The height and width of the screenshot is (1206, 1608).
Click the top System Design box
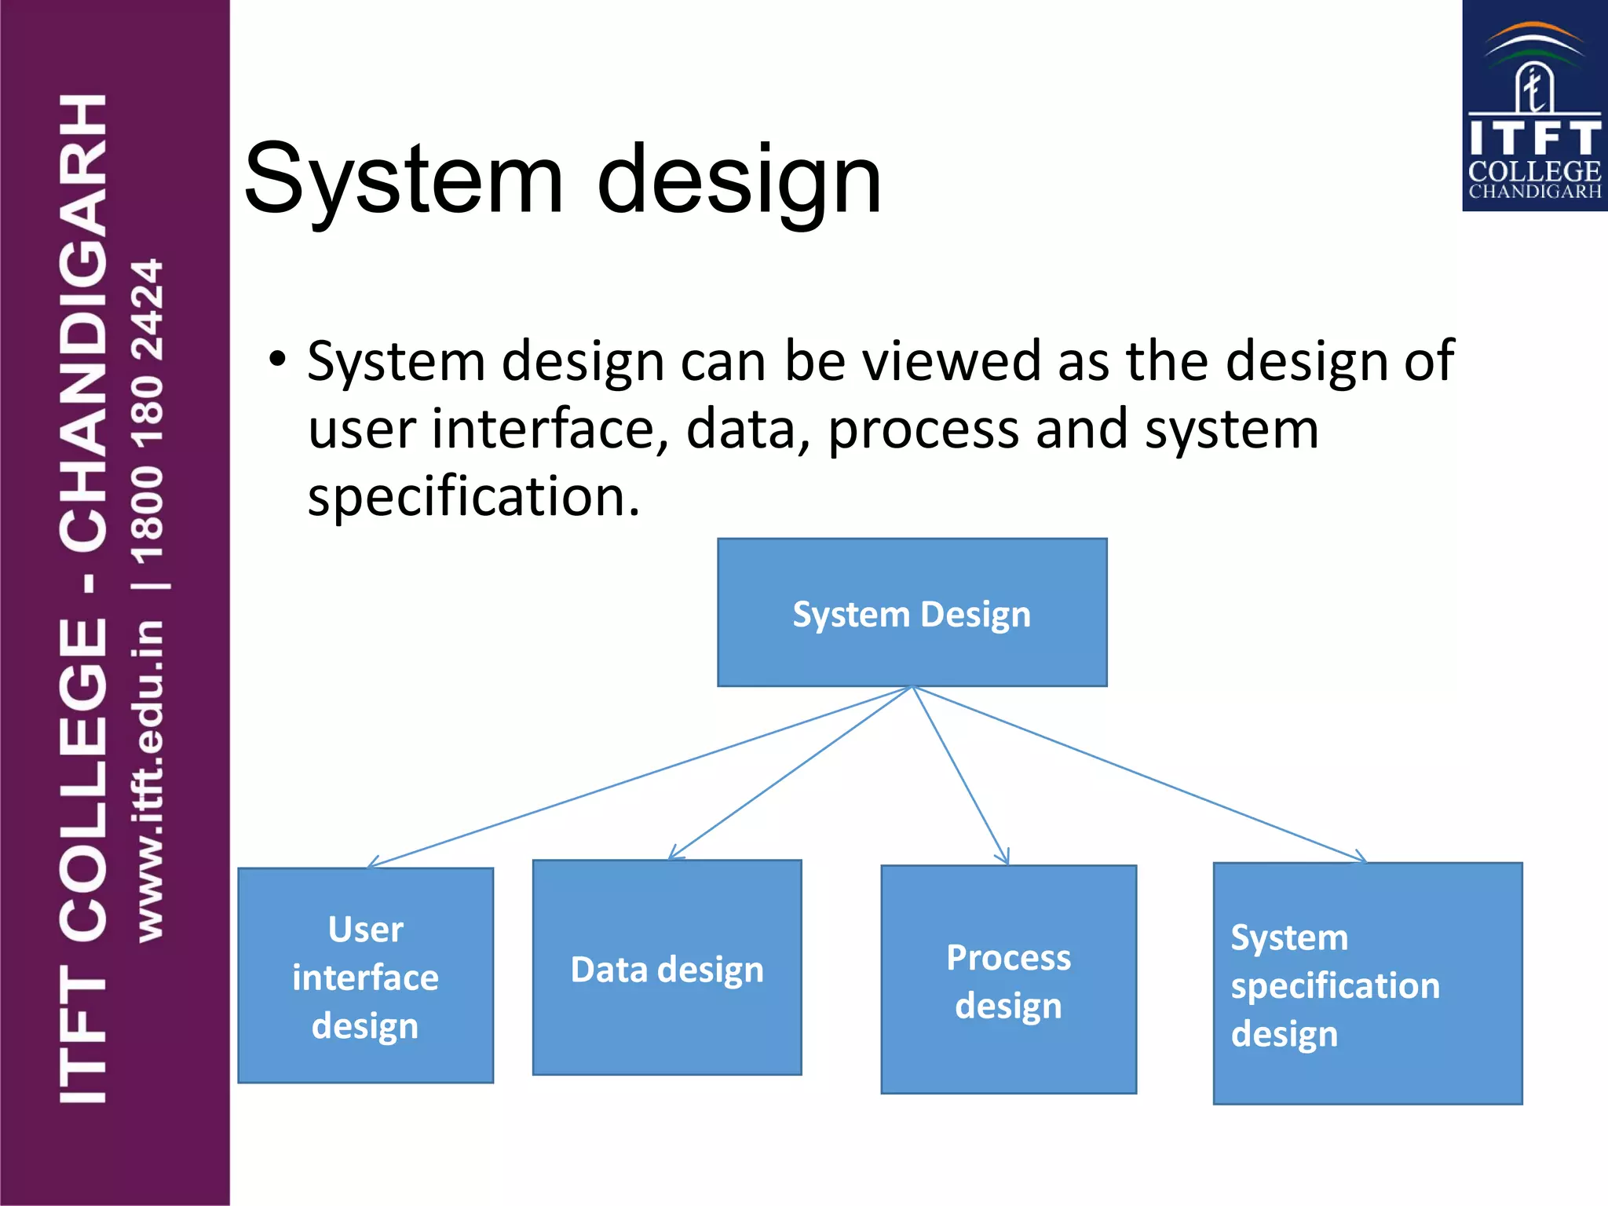pos(912,612)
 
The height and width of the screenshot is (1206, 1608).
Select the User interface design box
pos(365,976)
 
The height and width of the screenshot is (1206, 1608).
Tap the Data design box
pos(667,967)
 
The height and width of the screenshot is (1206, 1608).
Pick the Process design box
pos(1008,979)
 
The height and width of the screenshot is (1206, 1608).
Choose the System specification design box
pos(1367,983)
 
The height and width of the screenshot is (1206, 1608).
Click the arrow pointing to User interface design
pos(640,777)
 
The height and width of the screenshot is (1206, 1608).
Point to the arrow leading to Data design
pos(789,773)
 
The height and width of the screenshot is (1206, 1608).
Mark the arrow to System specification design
pos(1138,774)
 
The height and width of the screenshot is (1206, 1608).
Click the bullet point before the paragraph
pos(276,360)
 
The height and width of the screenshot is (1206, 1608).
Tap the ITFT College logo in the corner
pos(1533,106)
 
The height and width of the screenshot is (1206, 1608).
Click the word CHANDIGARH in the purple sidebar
pos(83,322)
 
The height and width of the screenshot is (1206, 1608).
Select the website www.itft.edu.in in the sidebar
pos(149,781)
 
